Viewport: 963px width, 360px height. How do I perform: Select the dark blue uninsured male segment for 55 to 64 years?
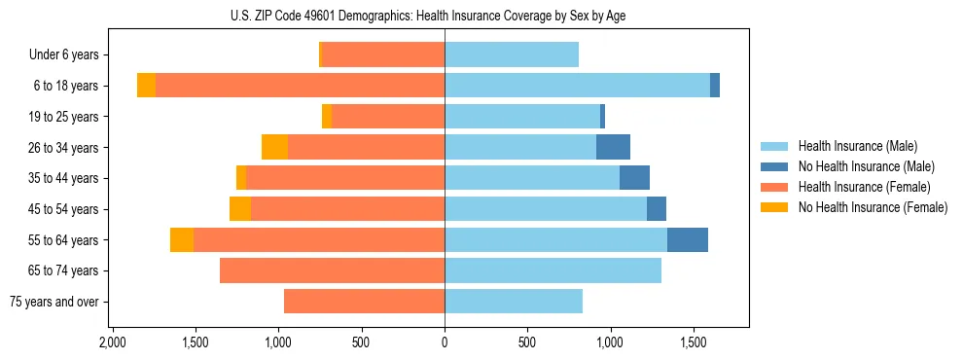[687, 239]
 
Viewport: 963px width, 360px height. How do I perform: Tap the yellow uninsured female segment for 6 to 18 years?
[146, 86]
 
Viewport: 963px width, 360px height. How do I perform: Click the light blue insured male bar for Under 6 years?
[512, 55]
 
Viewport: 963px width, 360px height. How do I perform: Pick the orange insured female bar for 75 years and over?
[364, 302]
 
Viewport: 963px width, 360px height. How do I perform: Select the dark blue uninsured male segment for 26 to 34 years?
[613, 147]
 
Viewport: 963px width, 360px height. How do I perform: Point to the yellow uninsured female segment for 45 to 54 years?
[240, 209]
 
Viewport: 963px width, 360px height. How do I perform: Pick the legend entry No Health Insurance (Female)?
[872, 207]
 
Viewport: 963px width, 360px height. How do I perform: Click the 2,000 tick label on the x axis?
[113, 342]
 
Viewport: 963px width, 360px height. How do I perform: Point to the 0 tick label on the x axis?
[445, 342]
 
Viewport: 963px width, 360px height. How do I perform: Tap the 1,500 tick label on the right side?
[694, 342]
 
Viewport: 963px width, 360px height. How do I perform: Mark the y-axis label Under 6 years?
[64, 55]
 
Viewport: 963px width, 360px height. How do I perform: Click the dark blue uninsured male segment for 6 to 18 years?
[715, 86]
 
